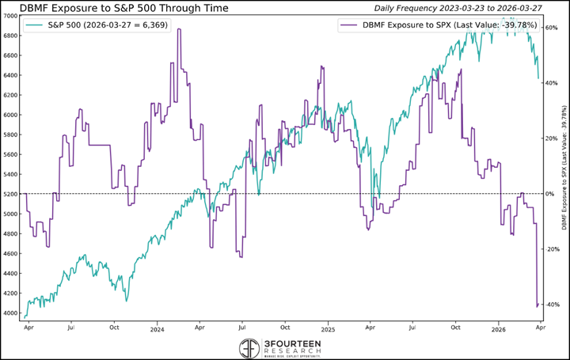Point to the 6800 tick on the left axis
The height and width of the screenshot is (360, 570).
pyautogui.click(x=13, y=36)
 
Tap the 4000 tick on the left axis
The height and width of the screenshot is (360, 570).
pyautogui.click(x=13, y=313)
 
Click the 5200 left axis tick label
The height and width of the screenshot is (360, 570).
pyautogui.click(x=13, y=194)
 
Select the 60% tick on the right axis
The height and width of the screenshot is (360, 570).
pyautogui.click(x=552, y=28)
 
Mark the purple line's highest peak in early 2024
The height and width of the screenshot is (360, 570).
pyautogui.click(x=179, y=29)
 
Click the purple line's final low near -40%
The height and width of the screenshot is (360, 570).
pyautogui.click(x=538, y=305)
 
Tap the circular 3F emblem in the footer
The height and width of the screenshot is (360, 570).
pyautogui.click(x=249, y=347)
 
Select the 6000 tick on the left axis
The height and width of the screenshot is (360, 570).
pyautogui.click(x=13, y=115)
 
